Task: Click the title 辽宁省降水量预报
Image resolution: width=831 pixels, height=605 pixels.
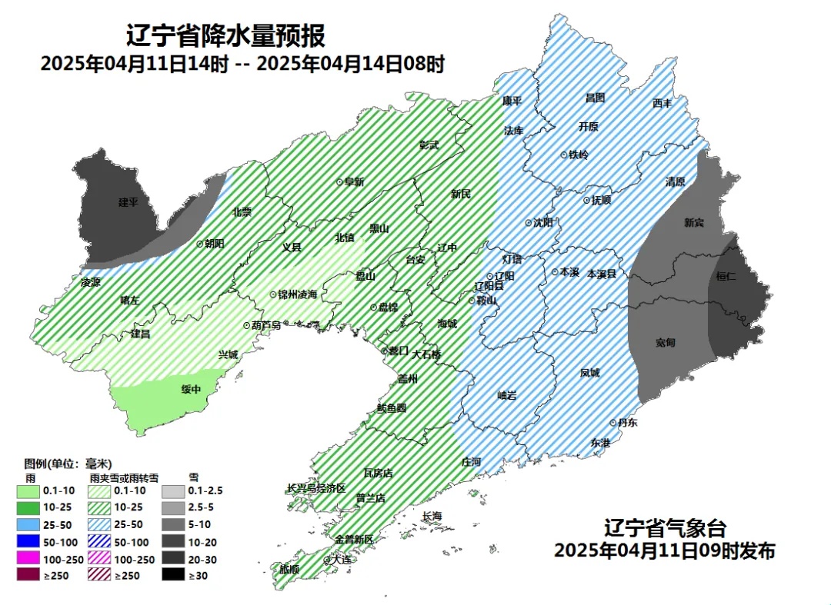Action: click(x=225, y=35)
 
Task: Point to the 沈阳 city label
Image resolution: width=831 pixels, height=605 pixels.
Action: click(x=543, y=223)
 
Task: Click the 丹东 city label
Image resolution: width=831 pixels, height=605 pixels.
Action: click(x=627, y=423)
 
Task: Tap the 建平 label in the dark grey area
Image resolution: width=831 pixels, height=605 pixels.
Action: click(x=128, y=202)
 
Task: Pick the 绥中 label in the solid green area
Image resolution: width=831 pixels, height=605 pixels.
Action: click(x=191, y=389)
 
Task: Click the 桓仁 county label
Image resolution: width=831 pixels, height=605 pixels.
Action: click(x=726, y=276)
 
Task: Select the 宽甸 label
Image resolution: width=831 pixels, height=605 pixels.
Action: click(x=666, y=342)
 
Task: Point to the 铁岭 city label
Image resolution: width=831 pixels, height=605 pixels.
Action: click(x=578, y=155)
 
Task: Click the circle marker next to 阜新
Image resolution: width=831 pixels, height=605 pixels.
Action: click(x=339, y=182)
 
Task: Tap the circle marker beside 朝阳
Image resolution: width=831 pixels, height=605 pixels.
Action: click(x=200, y=243)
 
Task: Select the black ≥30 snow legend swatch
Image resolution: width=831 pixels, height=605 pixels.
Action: click(x=174, y=575)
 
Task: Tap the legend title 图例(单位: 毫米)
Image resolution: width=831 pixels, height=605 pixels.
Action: click(x=68, y=464)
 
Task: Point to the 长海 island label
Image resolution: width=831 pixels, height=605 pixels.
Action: click(x=432, y=516)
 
